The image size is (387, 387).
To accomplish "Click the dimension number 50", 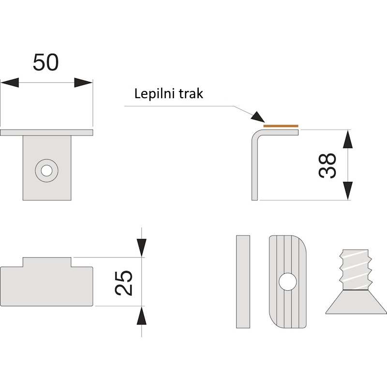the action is click(x=45, y=62).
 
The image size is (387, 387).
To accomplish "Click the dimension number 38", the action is click(x=327, y=165).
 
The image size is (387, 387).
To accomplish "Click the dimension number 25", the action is click(x=123, y=283).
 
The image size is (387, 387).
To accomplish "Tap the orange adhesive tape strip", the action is click(x=281, y=126).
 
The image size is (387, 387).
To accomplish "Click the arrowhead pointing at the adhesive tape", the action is click(x=258, y=117).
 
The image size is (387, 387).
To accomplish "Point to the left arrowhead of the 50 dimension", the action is click(x=10, y=82).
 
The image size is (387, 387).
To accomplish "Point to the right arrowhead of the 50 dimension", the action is click(x=83, y=82).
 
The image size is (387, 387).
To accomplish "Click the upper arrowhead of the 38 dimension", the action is click(x=348, y=139).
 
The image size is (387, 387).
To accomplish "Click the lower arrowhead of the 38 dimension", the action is click(x=348, y=191).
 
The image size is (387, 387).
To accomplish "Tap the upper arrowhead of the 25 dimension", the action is click(x=141, y=248).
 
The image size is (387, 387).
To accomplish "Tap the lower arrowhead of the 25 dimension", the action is click(x=141, y=316).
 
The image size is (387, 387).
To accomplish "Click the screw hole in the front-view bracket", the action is click(x=46, y=171).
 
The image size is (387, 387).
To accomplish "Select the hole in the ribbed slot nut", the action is click(x=288, y=282).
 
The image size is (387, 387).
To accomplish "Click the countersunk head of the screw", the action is click(x=356, y=301).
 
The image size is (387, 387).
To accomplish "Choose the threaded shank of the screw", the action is click(x=356, y=269).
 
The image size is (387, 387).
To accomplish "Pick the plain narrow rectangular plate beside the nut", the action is click(x=243, y=282).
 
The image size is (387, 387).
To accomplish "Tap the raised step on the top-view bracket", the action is click(x=47, y=262).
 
